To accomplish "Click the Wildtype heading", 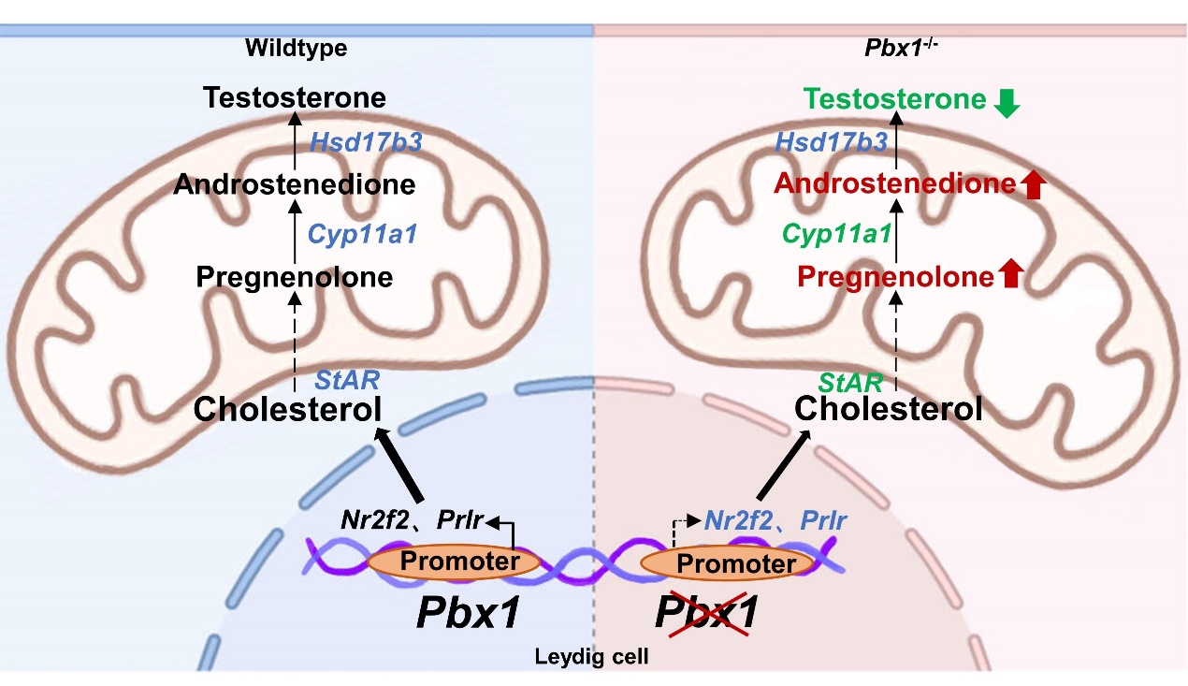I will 296,49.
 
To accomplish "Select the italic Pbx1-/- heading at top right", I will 901,49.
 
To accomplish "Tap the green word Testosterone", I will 894,99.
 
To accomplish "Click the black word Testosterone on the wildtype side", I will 296,97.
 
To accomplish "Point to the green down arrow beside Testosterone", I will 1007,103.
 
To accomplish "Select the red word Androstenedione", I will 893,184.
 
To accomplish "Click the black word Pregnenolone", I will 294,277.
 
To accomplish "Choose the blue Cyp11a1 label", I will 363,233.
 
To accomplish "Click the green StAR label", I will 850,383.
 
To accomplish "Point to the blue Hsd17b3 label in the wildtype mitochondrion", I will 366,142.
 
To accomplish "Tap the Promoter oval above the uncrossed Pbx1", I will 454,562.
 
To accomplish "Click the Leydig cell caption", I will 591,657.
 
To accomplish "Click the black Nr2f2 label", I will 372,520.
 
